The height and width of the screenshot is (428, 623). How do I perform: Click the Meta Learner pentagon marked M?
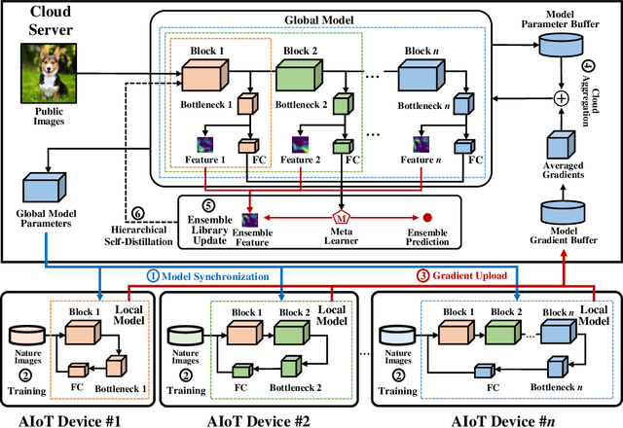(339, 214)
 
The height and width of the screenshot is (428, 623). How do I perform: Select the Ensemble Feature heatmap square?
(251, 218)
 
